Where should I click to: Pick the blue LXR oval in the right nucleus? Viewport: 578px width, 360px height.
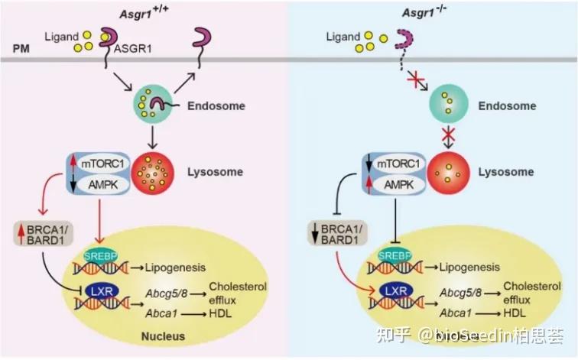tap(395, 291)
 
